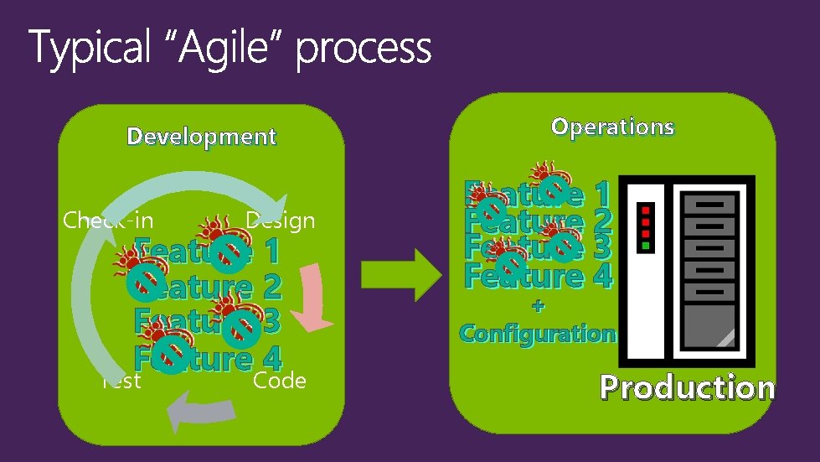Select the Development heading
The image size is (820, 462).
[x=201, y=137]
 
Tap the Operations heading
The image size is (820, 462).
[x=612, y=127]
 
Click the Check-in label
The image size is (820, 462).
[x=108, y=221]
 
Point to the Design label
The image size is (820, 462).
[x=280, y=221]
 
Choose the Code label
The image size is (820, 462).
[x=280, y=381]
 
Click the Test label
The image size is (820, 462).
[x=121, y=381]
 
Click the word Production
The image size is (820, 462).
[x=687, y=387]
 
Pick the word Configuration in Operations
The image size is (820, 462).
[x=537, y=333]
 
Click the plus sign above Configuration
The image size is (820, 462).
[x=538, y=307]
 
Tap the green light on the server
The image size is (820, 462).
[x=645, y=246]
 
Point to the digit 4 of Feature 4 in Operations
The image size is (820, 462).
[x=600, y=275]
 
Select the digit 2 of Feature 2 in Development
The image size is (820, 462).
[x=271, y=287]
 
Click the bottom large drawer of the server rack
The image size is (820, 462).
[x=709, y=331]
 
